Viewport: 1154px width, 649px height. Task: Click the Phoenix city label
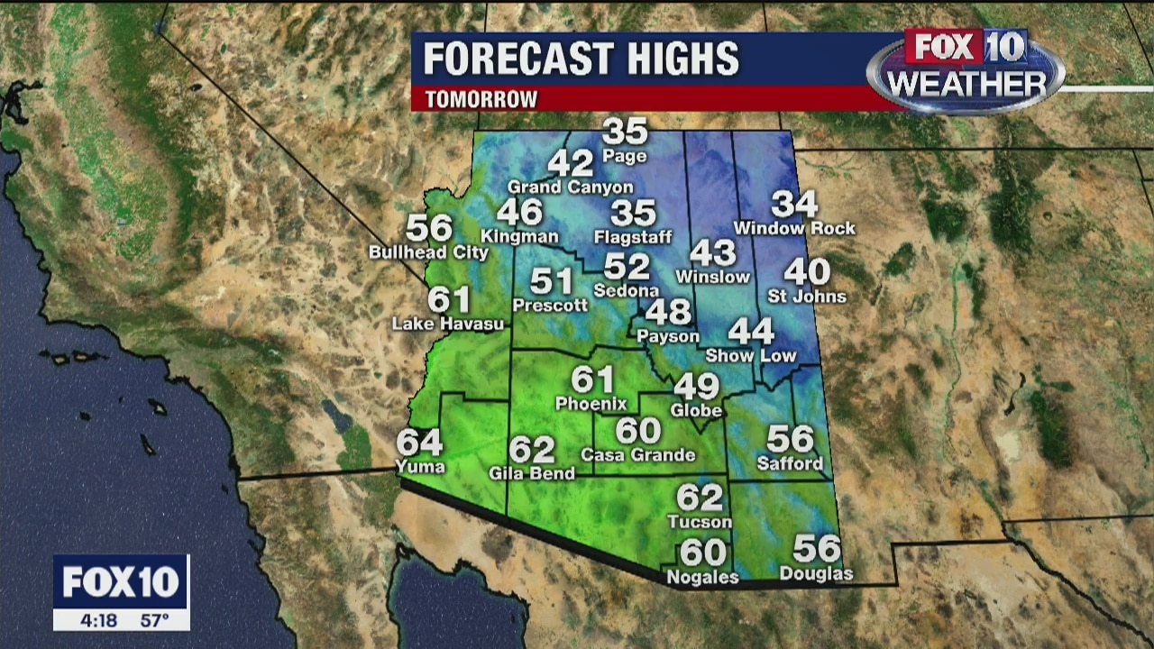[x=591, y=403]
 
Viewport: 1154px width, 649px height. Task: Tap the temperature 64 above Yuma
[x=419, y=442]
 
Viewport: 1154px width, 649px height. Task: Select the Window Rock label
[x=794, y=229]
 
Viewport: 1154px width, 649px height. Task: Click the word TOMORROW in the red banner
[x=481, y=99]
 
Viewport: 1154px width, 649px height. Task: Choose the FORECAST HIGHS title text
[x=581, y=59]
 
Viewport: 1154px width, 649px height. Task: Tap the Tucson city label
[x=700, y=521]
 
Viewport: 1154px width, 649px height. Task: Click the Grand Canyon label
[x=571, y=187]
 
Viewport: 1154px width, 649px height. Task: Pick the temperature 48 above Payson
[x=668, y=312]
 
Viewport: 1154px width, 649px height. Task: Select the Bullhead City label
[x=428, y=252]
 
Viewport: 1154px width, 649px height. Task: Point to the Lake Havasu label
[x=447, y=324]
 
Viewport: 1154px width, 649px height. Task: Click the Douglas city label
[x=816, y=573]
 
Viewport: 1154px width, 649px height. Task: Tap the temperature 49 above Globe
[x=697, y=387]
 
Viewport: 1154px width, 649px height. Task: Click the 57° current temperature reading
[x=154, y=620]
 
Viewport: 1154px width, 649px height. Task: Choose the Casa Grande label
[x=638, y=455]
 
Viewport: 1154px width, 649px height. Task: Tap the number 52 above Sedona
[x=627, y=267]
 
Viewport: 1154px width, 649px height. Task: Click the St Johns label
[x=807, y=297]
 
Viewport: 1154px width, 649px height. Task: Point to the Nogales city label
[x=702, y=577]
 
